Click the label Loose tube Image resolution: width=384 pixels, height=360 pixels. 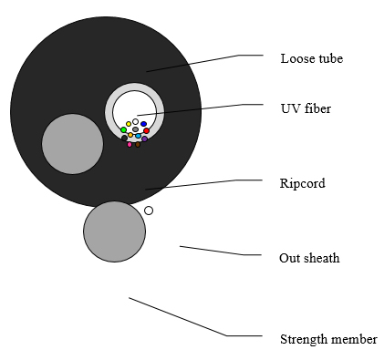click(x=312, y=58)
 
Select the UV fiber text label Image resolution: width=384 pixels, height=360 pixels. click(x=306, y=108)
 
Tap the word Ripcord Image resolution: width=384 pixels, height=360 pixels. click(x=302, y=183)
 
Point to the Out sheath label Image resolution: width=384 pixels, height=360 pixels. click(x=309, y=258)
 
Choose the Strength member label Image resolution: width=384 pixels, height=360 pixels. click(x=328, y=339)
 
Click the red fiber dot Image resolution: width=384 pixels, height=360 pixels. click(x=147, y=131)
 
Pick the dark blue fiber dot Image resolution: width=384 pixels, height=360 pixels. click(x=143, y=124)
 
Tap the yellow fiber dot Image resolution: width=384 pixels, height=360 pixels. click(x=129, y=124)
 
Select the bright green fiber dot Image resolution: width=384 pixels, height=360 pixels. click(x=123, y=130)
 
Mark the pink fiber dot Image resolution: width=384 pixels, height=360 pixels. click(x=130, y=144)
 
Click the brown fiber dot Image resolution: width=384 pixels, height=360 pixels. click(x=138, y=144)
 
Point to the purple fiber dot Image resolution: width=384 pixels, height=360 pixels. click(x=145, y=139)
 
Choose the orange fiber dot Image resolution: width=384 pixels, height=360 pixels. click(x=130, y=135)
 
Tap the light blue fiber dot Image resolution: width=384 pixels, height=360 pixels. click(x=139, y=136)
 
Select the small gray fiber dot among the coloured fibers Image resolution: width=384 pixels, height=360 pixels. click(x=136, y=129)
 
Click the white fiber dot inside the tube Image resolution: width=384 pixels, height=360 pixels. click(x=136, y=122)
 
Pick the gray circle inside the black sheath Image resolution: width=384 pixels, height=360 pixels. click(x=72, y=144)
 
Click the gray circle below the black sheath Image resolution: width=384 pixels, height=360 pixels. click(x=114, y=231)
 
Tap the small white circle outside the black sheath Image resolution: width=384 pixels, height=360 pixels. click(x=149, y=211)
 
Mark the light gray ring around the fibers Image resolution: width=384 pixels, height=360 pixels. click(x=109, y=112)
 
